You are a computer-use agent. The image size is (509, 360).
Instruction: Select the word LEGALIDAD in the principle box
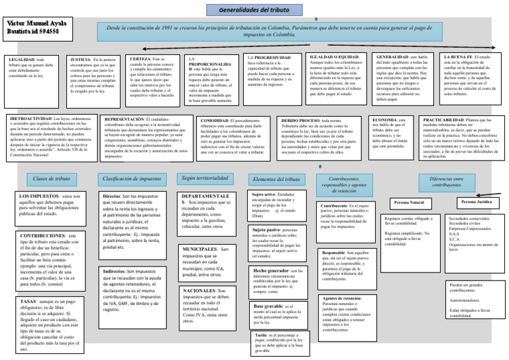pos(18,59)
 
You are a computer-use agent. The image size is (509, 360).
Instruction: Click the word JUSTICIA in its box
pos(80,59)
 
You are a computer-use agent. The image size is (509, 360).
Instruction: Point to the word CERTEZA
pos(136,59)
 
